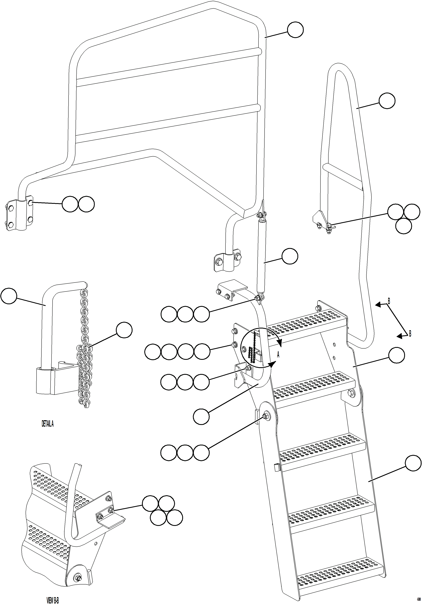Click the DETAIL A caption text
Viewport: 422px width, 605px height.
48,424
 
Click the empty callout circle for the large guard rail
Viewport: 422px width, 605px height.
295,30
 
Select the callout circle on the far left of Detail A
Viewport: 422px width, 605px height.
9,296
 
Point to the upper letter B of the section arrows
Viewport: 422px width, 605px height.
389,301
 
